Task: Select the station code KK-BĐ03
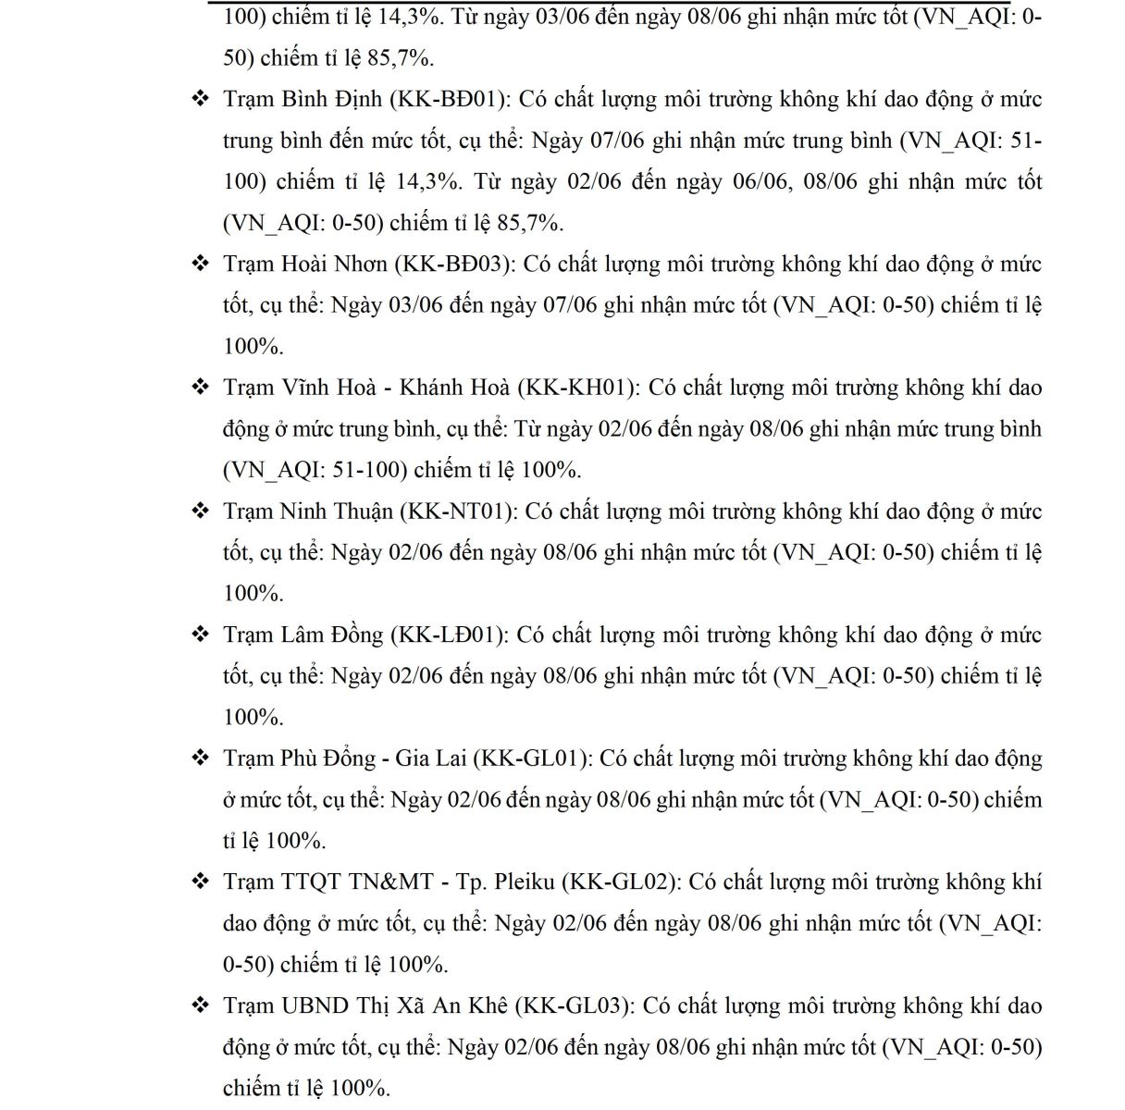click(454, 265)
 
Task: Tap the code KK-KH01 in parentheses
click(576, 388)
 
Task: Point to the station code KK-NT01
click(461, 512)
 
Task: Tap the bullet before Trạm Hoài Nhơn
click(200, 265)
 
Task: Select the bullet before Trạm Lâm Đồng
click(200, 635)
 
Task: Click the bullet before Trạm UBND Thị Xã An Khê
click(200, 1006)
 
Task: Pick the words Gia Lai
click(430, 758)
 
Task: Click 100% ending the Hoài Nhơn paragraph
click(252, 347)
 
